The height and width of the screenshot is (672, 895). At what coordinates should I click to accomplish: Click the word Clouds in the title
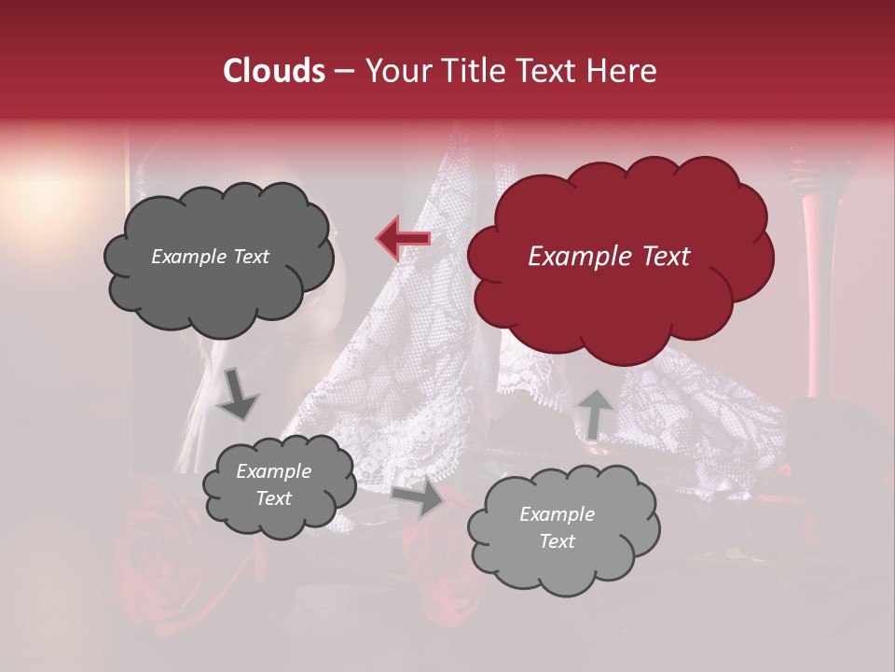tap(274, 71)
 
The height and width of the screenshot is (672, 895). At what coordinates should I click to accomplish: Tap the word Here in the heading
tap(622, 71)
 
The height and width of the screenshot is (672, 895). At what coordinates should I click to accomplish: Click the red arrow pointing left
tap(404, 238)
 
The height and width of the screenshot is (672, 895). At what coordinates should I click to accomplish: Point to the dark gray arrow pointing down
tap(238, 394)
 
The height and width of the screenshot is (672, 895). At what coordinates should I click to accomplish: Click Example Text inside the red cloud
tap(609, 257)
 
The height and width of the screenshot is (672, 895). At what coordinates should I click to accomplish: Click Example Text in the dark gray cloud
tap(210, 257)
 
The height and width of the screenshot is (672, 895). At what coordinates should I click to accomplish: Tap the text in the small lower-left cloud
tap(273, 484)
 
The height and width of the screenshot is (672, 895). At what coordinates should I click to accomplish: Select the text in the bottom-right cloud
tap(557, 527)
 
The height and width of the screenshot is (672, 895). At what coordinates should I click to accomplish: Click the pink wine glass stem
tap(813, 280)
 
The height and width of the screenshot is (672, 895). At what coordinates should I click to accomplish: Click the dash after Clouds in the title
tap(343, 72)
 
